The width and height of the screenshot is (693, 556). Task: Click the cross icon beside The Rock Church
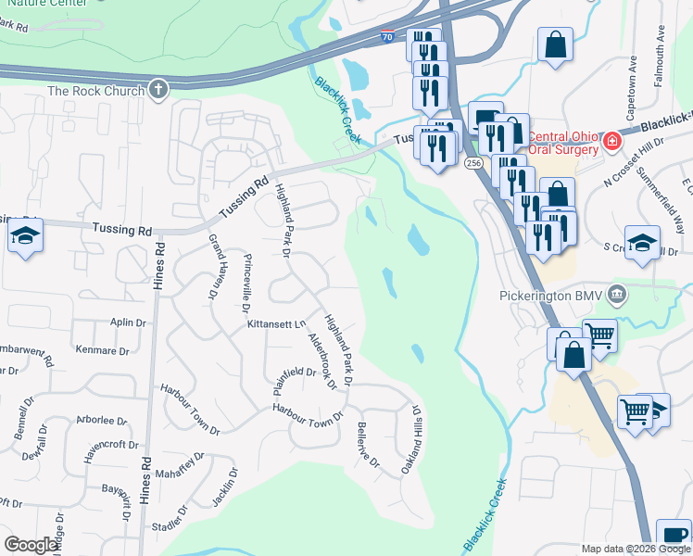pyautogui.click(x=158, y=90)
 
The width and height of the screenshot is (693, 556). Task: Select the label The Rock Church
pyautogui.click(x=96, y=91)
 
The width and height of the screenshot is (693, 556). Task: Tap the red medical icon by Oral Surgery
pyautogui.click(x=611, y=142)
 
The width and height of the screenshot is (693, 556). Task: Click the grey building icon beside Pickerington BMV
pyautogui.click(x=619, y=296)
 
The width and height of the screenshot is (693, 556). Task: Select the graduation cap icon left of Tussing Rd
pyautogui.click(x=26, y=238)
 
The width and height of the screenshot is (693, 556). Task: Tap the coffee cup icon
pyautogui.click(x=674, y=537)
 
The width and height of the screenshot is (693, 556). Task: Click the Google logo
pyautogui.click(x=31, y=545)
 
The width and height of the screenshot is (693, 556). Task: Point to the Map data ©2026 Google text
pyautogui.click(x=635, y=549)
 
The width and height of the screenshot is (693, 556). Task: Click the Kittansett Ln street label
pyautogui.click(x=276, y=325)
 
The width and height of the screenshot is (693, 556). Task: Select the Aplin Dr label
pyautogui.click(x=129, y=322)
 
